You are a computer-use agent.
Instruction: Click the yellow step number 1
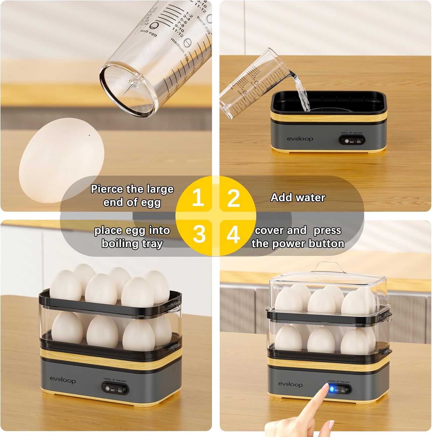click(x=198, y=197)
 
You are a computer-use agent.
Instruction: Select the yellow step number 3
click(x=199, y=234)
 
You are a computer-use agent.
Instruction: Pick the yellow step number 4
click(x=233, y=234)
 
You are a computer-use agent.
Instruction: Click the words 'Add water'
click(x=298, y=198)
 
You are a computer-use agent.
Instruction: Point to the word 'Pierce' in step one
click(x=107, y=189)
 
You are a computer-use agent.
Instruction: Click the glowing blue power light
click(x=332, y=389)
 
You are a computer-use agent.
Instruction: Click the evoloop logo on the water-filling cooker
click(x=300, y=139)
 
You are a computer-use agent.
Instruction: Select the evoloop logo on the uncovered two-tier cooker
click(x=63, y=380)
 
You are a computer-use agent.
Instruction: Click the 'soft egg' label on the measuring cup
click(x=148, y=33)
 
